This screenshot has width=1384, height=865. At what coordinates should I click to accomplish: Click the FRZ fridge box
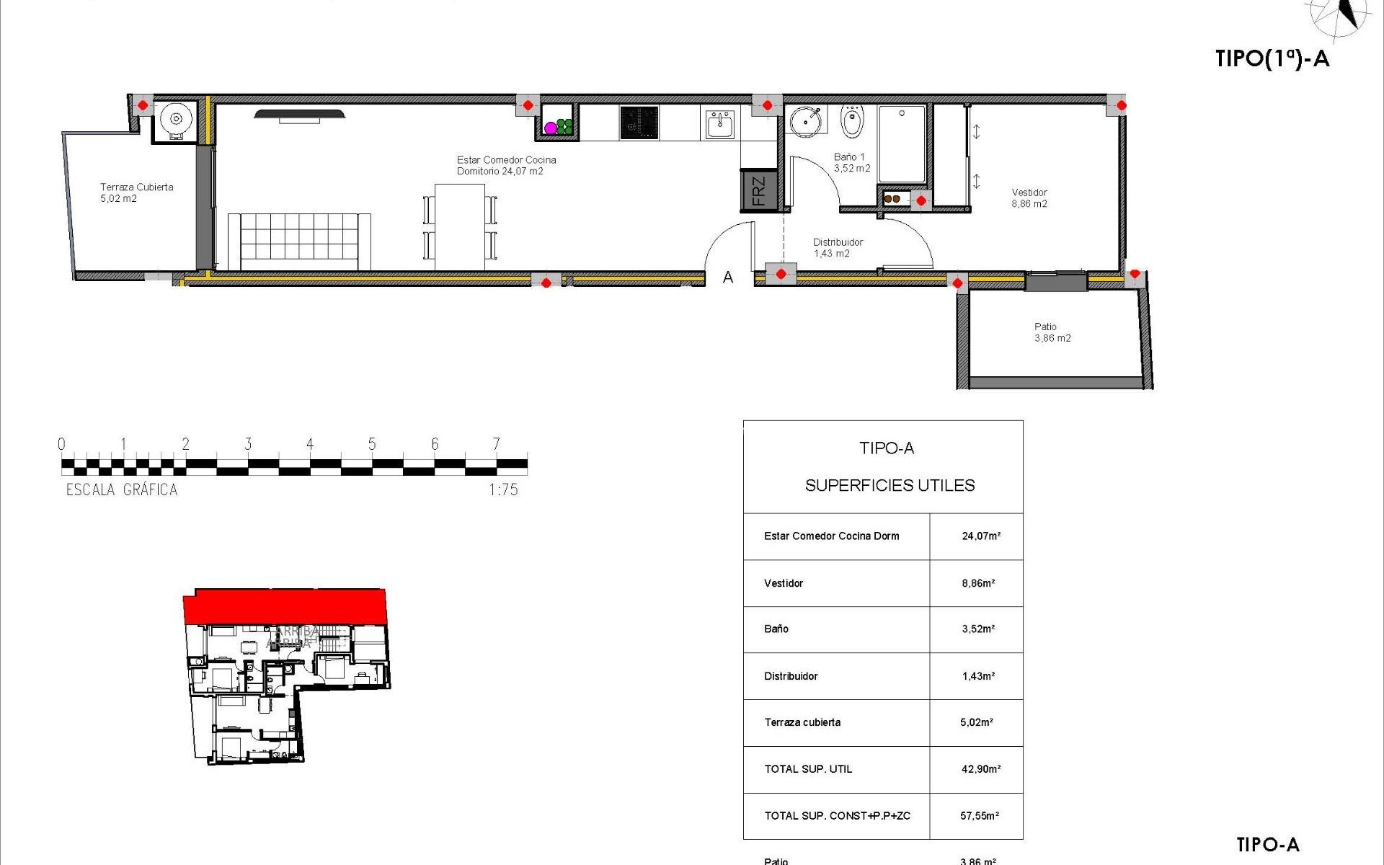pos(759,191)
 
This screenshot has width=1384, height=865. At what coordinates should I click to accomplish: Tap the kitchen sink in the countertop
pos(719,125)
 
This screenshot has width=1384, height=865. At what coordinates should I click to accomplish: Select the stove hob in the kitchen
pos(639,123)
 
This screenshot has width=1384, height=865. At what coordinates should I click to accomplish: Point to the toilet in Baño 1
pos(852,123)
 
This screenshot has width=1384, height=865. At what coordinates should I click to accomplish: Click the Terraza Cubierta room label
pos(136,192)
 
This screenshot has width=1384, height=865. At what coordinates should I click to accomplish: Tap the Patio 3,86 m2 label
pos(1052,332)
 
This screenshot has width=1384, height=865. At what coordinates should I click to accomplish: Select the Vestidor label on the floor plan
pos(1029,198)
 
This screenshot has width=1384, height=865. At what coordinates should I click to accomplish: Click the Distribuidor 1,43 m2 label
pos(837,248)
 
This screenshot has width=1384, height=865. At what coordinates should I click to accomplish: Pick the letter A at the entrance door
pos(728,278)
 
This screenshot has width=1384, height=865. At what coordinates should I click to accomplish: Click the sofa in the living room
pos(299,241)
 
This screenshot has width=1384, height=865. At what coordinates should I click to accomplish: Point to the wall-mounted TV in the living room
pos(299,114)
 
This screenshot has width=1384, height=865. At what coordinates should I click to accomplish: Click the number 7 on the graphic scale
pos(496,444)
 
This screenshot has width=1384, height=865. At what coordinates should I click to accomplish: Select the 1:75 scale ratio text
pos(503,490)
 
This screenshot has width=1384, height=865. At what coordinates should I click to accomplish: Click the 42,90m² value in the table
pos(980,769)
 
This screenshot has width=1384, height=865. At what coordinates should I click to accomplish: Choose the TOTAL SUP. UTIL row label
pos(808,769)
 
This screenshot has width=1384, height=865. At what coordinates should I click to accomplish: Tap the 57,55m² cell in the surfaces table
pos(979,816)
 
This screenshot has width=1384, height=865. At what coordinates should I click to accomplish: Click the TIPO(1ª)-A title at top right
pos(1272,58)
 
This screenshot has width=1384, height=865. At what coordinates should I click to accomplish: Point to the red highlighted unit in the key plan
pos(285,605)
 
